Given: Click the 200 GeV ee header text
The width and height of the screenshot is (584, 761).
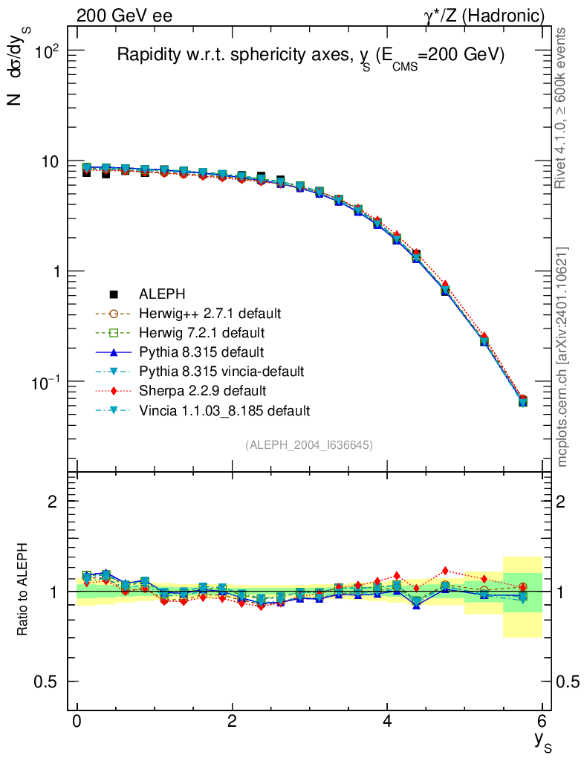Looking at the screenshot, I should click(124, 16).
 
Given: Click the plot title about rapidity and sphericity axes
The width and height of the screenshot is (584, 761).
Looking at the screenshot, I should click(310, 56).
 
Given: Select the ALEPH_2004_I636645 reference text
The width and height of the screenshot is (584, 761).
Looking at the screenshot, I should click(309, 444).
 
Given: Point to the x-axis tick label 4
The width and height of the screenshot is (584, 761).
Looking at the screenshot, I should click(387, 720).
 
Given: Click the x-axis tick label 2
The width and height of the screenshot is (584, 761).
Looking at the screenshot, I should click(232, 720).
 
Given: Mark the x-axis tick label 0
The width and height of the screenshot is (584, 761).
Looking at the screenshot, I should click(77, 720).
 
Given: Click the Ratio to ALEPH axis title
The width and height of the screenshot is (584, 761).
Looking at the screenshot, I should click(23, 591).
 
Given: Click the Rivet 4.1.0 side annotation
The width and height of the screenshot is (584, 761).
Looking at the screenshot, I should click(562, 108).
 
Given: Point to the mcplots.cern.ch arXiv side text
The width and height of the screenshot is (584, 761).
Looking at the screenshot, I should click(562, 357).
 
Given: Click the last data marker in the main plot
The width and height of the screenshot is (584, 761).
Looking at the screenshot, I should click(522, 401).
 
